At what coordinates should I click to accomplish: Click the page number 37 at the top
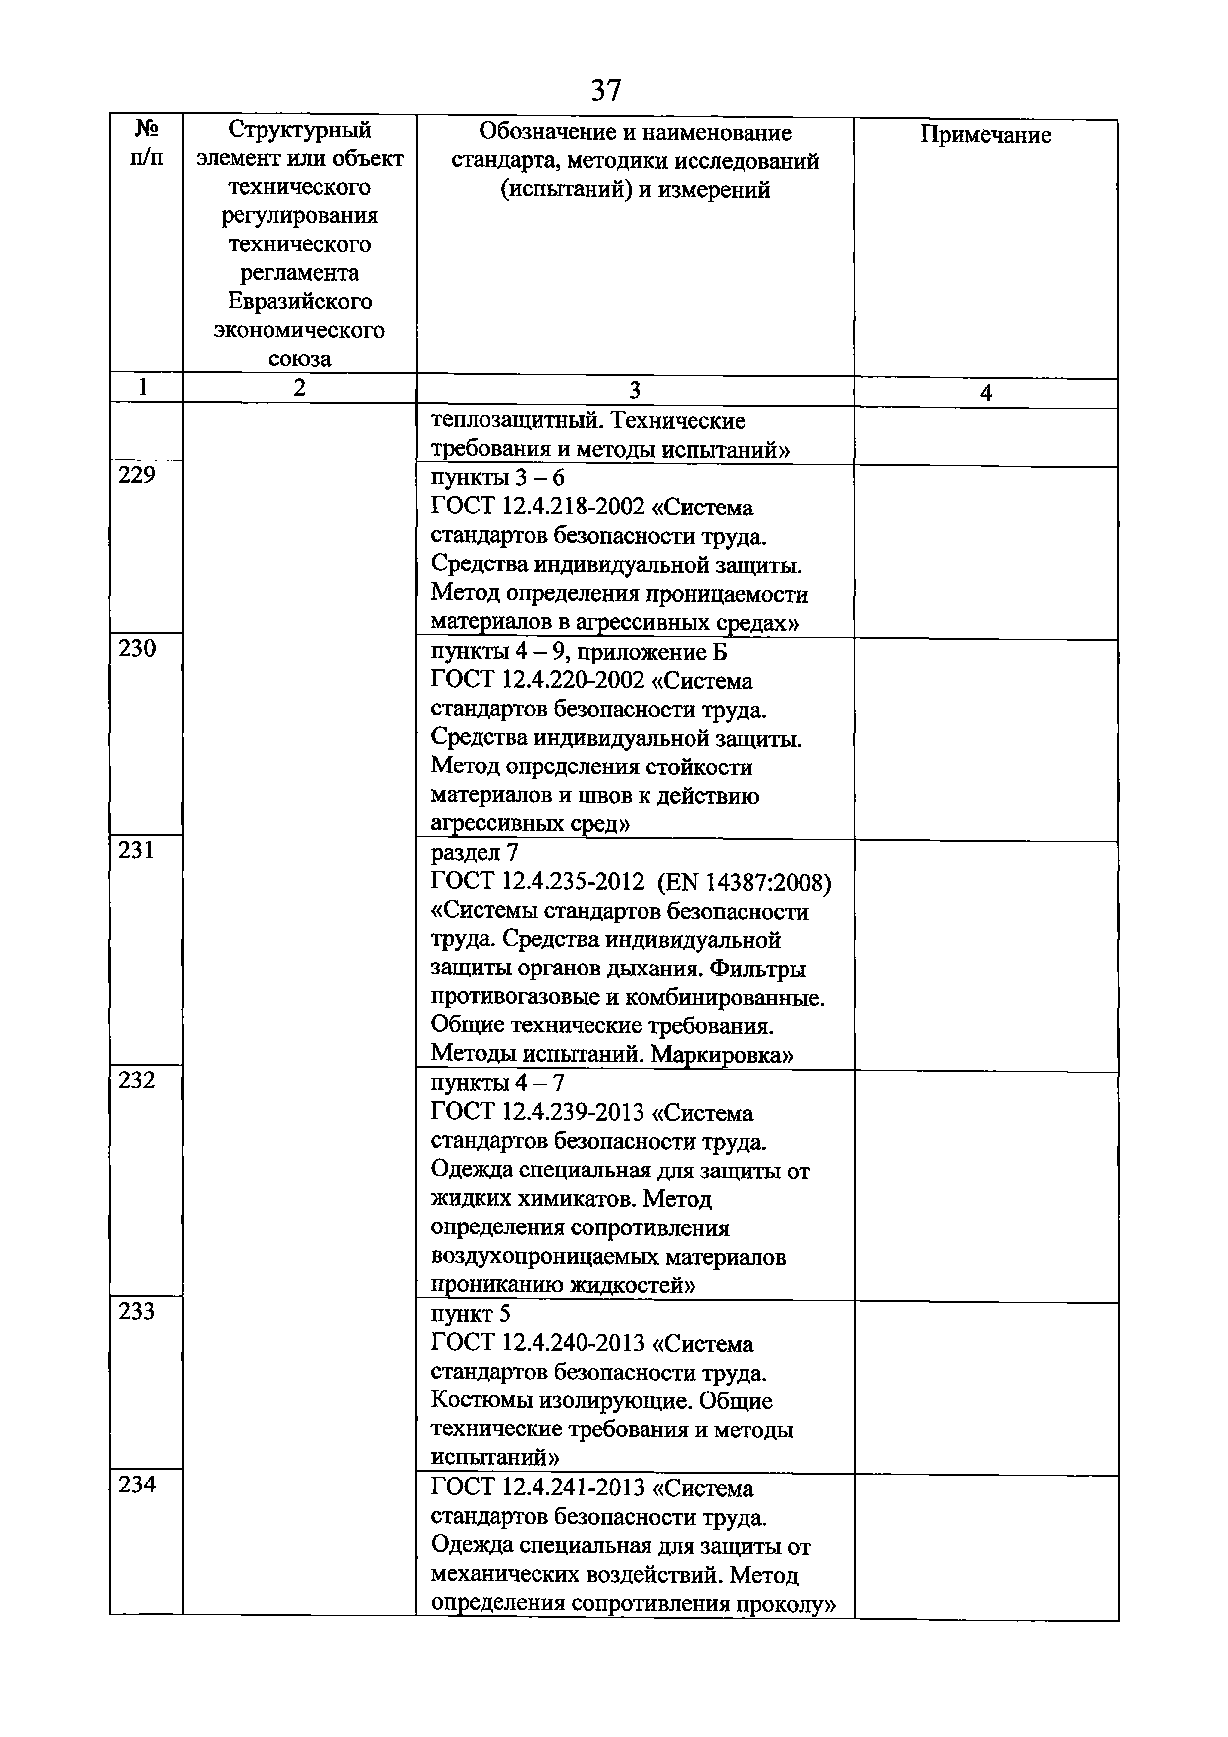(605, 91)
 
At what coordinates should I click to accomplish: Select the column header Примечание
(985, 135)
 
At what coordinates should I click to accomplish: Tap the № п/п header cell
(146, 144)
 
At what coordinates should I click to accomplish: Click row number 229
(137, 476)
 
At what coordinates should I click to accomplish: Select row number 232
(137, 1080)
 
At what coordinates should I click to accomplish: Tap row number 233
(137, 1311)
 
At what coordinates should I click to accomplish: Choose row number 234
(137, 1484)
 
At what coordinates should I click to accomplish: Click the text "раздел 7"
(475, 853)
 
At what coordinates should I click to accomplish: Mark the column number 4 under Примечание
(985, 393)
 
